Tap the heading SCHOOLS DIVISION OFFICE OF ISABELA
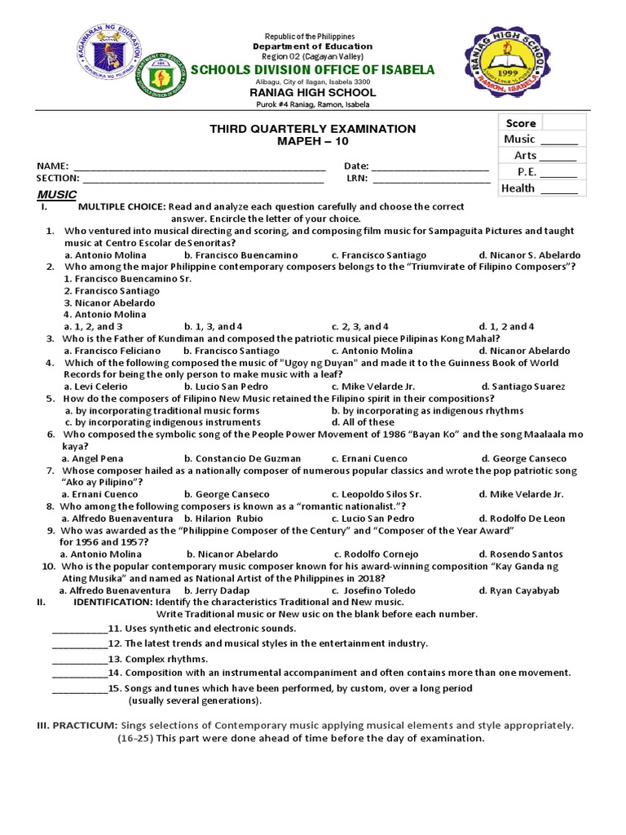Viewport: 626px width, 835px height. [312, 70]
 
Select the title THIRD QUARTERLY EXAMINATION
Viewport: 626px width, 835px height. [313, 129]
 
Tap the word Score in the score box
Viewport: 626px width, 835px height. [520, 123]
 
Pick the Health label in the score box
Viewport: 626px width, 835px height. [518, 188]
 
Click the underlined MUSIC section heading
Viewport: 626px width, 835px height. [57, 195]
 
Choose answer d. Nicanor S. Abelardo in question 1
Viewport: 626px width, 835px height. [529, 255]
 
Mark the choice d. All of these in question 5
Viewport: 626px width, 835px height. [363, 422]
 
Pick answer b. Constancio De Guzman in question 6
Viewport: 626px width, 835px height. [242, 458]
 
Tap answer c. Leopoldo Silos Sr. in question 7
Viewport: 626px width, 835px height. [376, 494]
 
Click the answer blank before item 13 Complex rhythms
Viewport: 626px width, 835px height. [80, 659]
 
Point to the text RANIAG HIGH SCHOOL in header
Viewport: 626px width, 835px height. [312, 93]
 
